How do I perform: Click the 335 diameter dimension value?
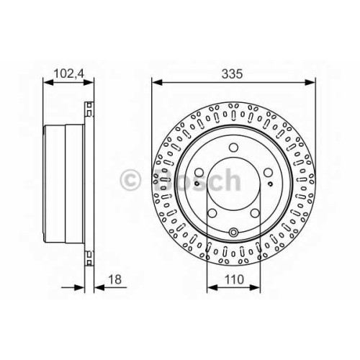(x=232, y=73)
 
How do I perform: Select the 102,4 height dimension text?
(x=68, y=73)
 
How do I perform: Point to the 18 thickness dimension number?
(x=115, y=279)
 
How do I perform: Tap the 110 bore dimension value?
(x=234, y=279)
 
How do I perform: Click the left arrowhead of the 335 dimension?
(x=158, y=83)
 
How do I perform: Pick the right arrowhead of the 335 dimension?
(x=310, y=83)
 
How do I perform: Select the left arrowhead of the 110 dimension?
(x=212, y=287)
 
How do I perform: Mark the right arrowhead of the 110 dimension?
(x=255, y=287)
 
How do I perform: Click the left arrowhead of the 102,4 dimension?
(x=48, y=83)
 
